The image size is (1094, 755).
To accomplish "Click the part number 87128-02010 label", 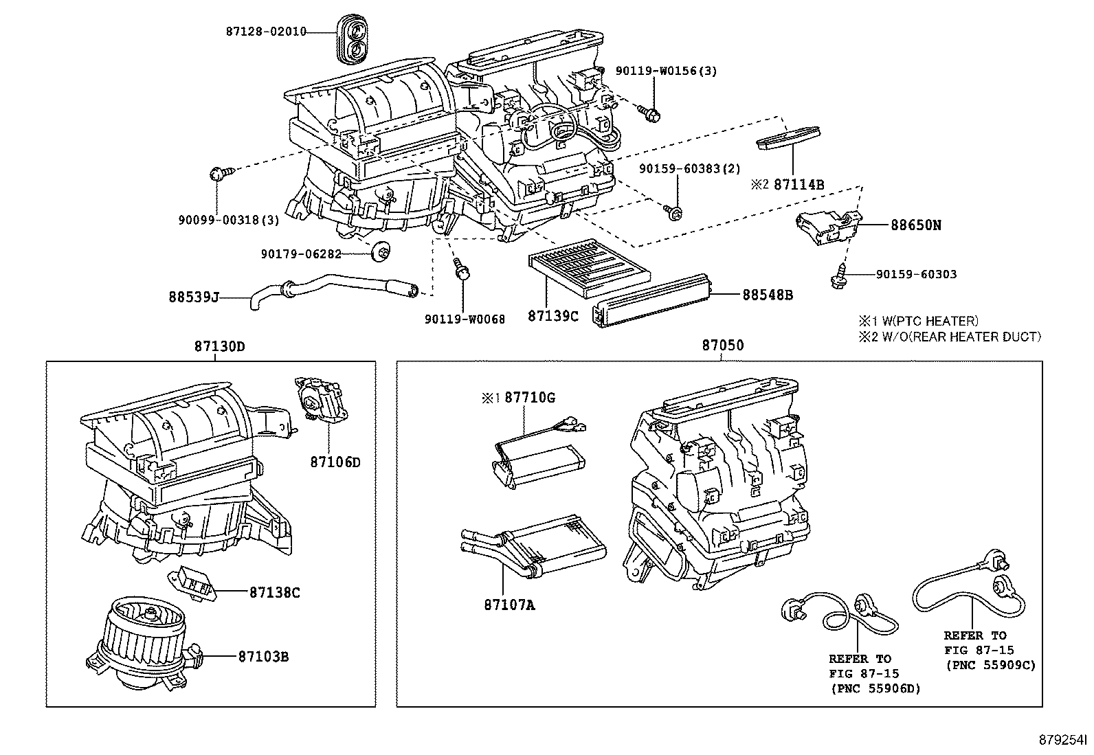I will pos(265,32).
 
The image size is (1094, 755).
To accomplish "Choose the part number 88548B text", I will pos(768,295).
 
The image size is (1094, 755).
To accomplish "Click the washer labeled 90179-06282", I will pos(379,253).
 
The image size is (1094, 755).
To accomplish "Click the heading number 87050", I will pos(722,346).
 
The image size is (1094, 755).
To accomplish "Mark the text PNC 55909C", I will pos(990,665).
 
